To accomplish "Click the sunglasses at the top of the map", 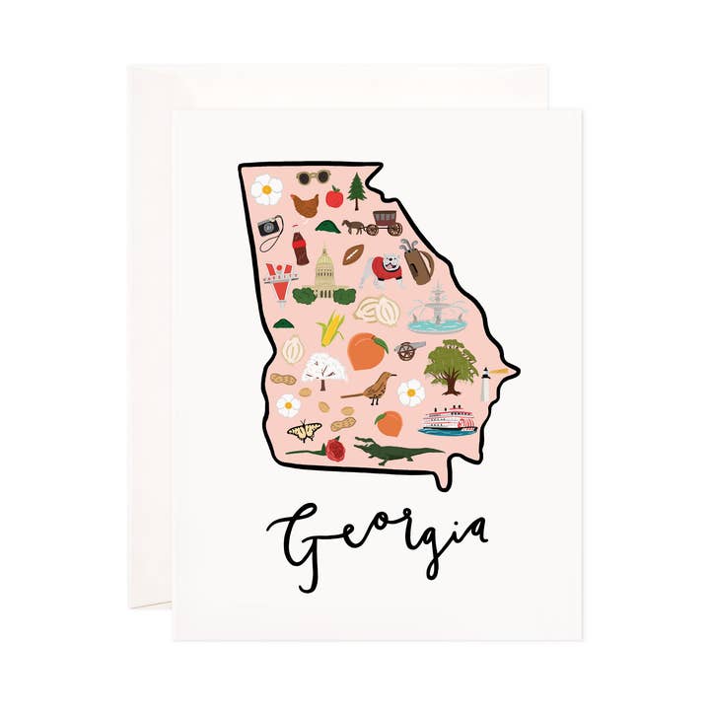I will click(314, 177).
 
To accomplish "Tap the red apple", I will click(334, 198).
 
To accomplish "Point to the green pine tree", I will click(357, 189).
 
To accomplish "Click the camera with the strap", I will click(269, 228).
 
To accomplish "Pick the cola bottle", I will click(299, 247).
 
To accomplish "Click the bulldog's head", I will click(391, 264).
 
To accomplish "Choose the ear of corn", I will click(330, 328).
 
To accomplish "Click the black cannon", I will click(409, 349).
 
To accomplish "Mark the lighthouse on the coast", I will click(485, 384).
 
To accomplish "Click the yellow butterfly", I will click(304, 430).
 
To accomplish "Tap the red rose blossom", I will click(335, 449).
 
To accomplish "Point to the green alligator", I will click(394, 452).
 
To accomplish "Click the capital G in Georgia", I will click(296, 533).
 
